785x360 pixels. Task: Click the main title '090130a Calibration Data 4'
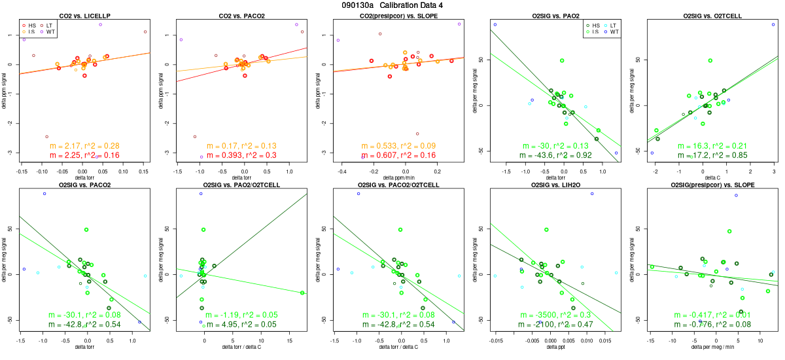click(392, 5)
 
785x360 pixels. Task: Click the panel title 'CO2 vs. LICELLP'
click(85, 15)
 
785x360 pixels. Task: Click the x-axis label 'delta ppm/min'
click(398, 176)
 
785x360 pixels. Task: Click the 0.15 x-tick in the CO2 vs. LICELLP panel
click(145, 170)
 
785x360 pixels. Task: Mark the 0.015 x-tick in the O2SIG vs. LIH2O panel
click(604, 340)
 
